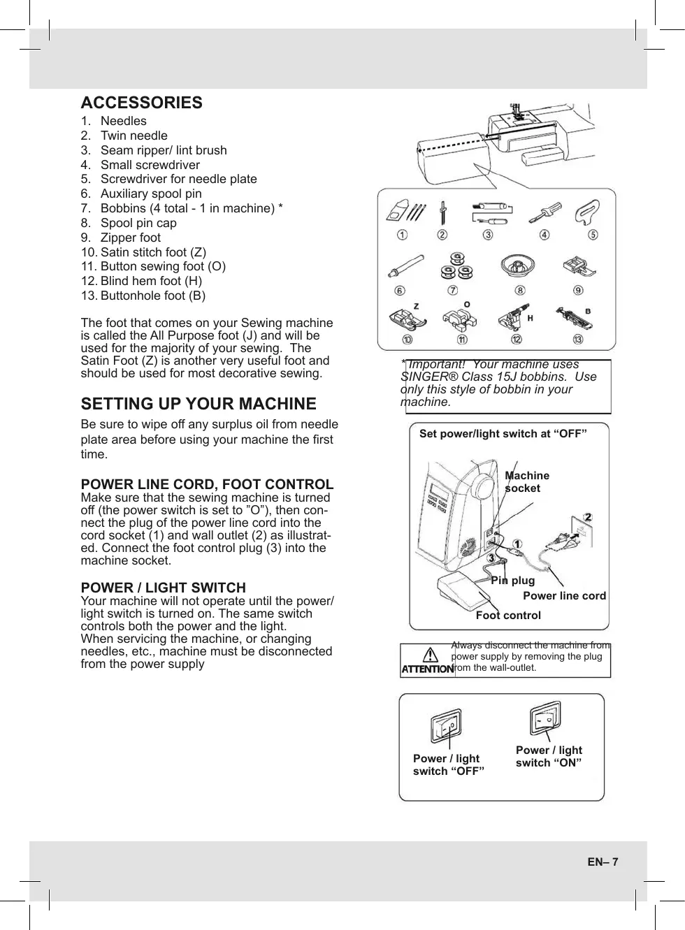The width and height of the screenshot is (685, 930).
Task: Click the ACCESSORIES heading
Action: (x=141, y=103)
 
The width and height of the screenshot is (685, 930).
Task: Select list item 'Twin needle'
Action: (x=134, y=136)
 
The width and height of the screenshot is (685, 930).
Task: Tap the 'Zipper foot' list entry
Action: (x=130, y=238)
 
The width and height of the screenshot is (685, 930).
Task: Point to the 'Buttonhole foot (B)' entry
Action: (x=152, y=296)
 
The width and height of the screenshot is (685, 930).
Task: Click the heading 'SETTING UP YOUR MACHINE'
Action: (x=199, y=404)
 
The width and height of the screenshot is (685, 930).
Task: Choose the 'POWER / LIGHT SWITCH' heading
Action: (x=163, y=588)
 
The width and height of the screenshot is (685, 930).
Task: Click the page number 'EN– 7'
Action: (x=603, y=862)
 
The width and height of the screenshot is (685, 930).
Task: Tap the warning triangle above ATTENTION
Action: (x=430, y=655)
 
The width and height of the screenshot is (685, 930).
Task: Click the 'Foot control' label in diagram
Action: (x=508, y=616)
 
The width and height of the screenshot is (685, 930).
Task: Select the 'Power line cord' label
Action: (x=564, y=596)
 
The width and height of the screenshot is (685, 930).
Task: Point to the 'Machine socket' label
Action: (x=526, y=481)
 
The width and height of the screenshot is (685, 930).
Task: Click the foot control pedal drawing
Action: (x=464, y=594)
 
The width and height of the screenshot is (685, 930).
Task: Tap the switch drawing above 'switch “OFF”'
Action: (x=446, y=727)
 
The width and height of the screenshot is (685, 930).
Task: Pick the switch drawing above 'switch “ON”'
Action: (x=546, y=718)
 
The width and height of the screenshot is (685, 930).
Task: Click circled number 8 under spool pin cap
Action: (x=520, y=291)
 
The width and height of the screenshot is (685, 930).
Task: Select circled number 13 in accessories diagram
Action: (x=578, y=340)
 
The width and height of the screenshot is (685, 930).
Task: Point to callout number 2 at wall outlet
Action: (x=588, y=518)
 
